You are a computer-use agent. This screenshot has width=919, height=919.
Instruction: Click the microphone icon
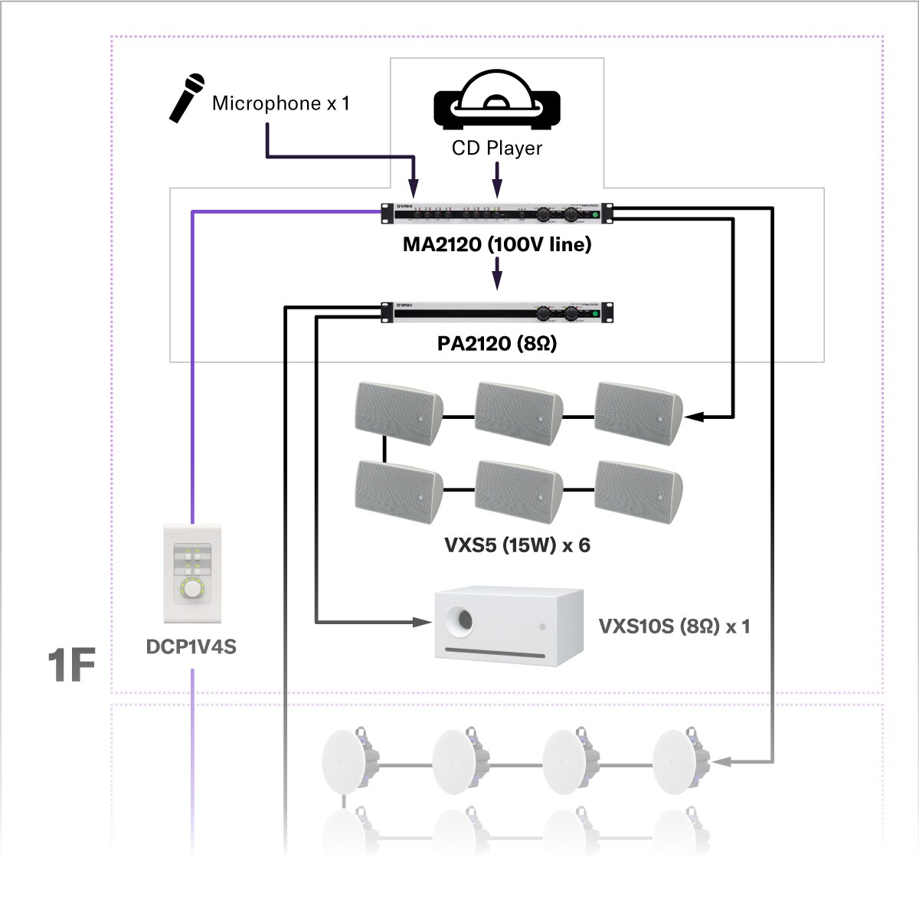[187, 97]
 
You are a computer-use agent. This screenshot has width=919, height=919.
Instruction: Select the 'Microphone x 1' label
[280, 103]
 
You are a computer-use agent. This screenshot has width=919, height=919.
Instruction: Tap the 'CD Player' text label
[497, 149]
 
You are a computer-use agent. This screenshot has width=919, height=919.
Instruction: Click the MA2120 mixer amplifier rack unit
[497, 214]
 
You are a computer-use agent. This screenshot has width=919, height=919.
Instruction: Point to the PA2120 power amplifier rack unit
[497, 312]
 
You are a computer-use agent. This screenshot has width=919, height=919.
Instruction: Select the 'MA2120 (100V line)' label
[497, 245]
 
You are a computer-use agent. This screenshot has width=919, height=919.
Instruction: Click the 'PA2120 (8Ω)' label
[497, 344]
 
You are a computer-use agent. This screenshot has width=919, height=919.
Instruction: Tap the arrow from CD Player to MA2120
[497, 182]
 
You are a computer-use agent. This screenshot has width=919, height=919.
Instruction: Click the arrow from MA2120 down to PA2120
[497, 274]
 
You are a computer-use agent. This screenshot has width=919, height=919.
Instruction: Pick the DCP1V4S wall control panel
[192, 574]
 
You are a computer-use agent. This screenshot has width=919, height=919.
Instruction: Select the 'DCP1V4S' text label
[191, 647]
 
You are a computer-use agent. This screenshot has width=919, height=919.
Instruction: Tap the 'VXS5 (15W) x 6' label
[517, 545]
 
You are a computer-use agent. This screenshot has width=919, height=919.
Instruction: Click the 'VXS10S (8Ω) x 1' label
[674, 626]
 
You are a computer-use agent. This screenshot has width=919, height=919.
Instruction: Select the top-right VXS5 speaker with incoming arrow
[637, 414]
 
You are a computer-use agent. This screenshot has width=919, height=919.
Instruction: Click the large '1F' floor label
[71, 665]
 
